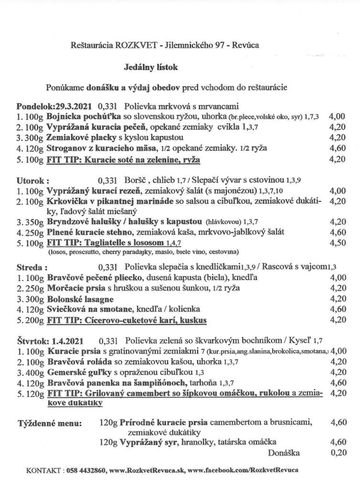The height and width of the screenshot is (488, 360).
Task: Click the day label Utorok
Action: [x=32, y=181]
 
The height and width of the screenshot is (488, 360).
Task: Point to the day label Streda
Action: [x=31, y=268]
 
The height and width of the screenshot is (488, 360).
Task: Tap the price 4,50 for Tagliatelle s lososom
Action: [x=337, y=243]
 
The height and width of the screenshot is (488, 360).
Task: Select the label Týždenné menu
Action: [x=50, y=423]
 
